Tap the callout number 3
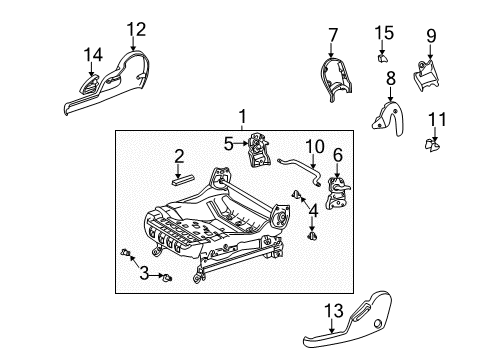pos(143,272)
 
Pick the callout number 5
pos(228,143)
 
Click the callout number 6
pos(338,155)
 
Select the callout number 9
pos(431,37)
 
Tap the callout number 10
pos(314,147)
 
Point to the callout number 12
pos(136,29)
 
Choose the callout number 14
pos(93,53)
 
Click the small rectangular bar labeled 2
pos(185,180)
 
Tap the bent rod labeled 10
pos(300,161)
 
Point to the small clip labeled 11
pos(433,146)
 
